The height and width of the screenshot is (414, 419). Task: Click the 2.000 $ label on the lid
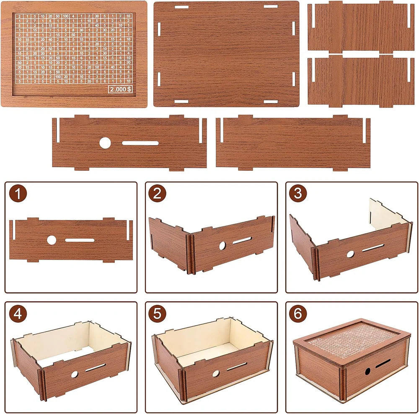coord(120,89)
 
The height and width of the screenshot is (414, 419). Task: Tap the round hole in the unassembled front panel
coord(105,143)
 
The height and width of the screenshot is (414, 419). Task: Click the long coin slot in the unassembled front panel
coord(140,143)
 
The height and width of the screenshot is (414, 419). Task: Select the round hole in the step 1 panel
coord(52,240)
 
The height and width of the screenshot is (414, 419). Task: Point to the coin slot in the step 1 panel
coord(80,240)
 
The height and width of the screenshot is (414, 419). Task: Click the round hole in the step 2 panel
coord(222,245)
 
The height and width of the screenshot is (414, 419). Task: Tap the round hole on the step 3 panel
coord(350,254)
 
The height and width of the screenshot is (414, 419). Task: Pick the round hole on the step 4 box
coord(74,374)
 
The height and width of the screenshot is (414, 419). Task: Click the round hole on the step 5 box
coord(216,373)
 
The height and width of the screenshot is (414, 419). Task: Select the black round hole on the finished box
coord(367,371)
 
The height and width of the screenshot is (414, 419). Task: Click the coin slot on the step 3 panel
coord(372,248)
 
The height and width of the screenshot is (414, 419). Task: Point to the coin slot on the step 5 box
coord(237,366)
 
